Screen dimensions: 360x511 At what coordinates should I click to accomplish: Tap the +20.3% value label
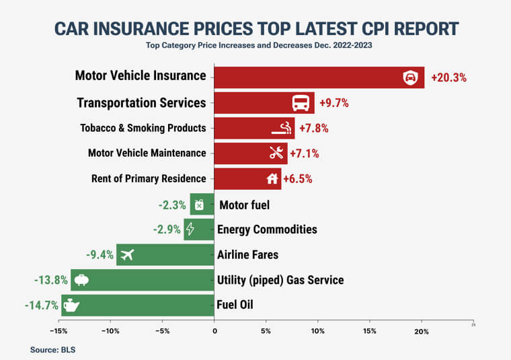coord(448,77)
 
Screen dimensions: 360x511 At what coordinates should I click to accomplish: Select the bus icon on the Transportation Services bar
coord(301,104)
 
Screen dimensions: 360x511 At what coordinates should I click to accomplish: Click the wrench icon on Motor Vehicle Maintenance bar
coord(276,153)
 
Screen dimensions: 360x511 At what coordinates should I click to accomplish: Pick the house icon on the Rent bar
coord(272,179)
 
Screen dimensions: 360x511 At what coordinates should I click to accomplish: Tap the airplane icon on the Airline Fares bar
coord(126,254)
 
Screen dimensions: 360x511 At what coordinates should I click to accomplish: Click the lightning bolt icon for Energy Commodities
coord(190,229)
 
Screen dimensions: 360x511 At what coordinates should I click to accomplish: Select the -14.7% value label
coord(42,305)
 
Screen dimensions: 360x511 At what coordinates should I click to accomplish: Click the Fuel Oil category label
coord(235,305)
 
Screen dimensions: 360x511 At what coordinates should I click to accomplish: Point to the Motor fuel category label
coord(244,205)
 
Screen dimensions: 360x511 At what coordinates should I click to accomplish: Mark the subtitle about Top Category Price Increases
coord(255,46)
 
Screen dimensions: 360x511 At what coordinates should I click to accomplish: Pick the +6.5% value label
coord(297,179)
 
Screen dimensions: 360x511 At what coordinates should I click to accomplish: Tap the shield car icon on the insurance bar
coord(409,77)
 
